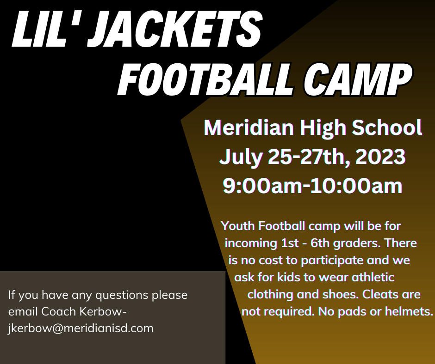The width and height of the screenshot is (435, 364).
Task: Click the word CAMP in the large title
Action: point(358,79)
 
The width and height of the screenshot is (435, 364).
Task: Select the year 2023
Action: point(380,157)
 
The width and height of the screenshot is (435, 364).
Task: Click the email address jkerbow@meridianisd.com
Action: point(81,328)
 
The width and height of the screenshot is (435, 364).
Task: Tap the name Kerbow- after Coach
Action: point(103,312)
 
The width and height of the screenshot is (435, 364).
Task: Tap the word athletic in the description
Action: point(373,277)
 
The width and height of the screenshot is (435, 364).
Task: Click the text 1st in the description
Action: point(290,243)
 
